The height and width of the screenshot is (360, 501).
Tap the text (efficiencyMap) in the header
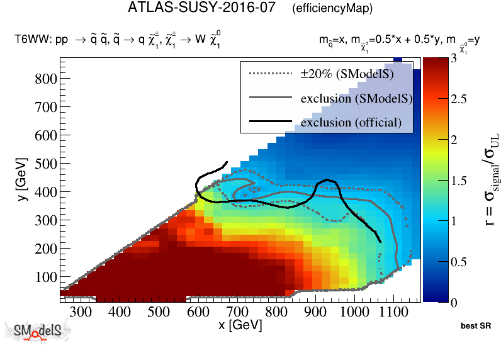coord(332,9)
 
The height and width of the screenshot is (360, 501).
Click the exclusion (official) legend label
coord(351,122)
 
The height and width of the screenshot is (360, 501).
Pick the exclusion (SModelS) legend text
coord(356,98)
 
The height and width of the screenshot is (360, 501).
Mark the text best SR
coord(476,327)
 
